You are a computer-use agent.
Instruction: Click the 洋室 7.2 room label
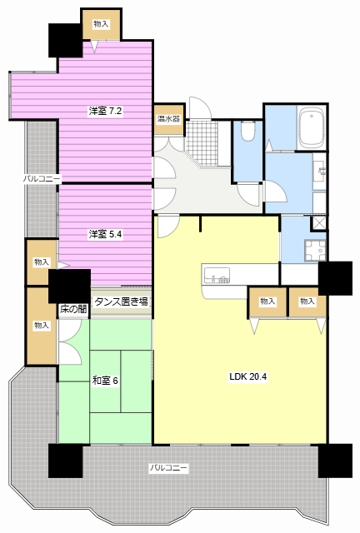105,111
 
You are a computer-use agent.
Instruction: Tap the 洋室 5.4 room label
105,234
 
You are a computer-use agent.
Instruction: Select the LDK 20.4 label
247,376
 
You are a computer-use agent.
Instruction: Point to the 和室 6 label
105,381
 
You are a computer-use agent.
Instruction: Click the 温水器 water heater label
168,119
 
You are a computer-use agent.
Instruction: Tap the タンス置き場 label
121,301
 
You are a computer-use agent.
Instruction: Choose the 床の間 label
73,309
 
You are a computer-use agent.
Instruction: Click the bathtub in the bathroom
311,127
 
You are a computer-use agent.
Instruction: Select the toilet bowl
247,131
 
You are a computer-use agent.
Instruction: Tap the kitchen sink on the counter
217,276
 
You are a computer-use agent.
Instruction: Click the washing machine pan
315,251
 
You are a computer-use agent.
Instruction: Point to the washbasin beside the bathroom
320,171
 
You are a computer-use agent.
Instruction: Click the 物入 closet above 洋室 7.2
101,24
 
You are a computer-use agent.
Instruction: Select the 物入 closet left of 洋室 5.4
42,262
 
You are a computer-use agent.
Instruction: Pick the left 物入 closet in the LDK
267,301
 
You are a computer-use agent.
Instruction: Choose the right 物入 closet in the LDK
307,301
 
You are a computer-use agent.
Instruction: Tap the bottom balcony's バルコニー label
169,468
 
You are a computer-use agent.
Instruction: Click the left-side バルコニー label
42,178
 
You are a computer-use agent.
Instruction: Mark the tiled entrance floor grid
202,142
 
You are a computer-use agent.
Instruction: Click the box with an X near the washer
318,223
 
